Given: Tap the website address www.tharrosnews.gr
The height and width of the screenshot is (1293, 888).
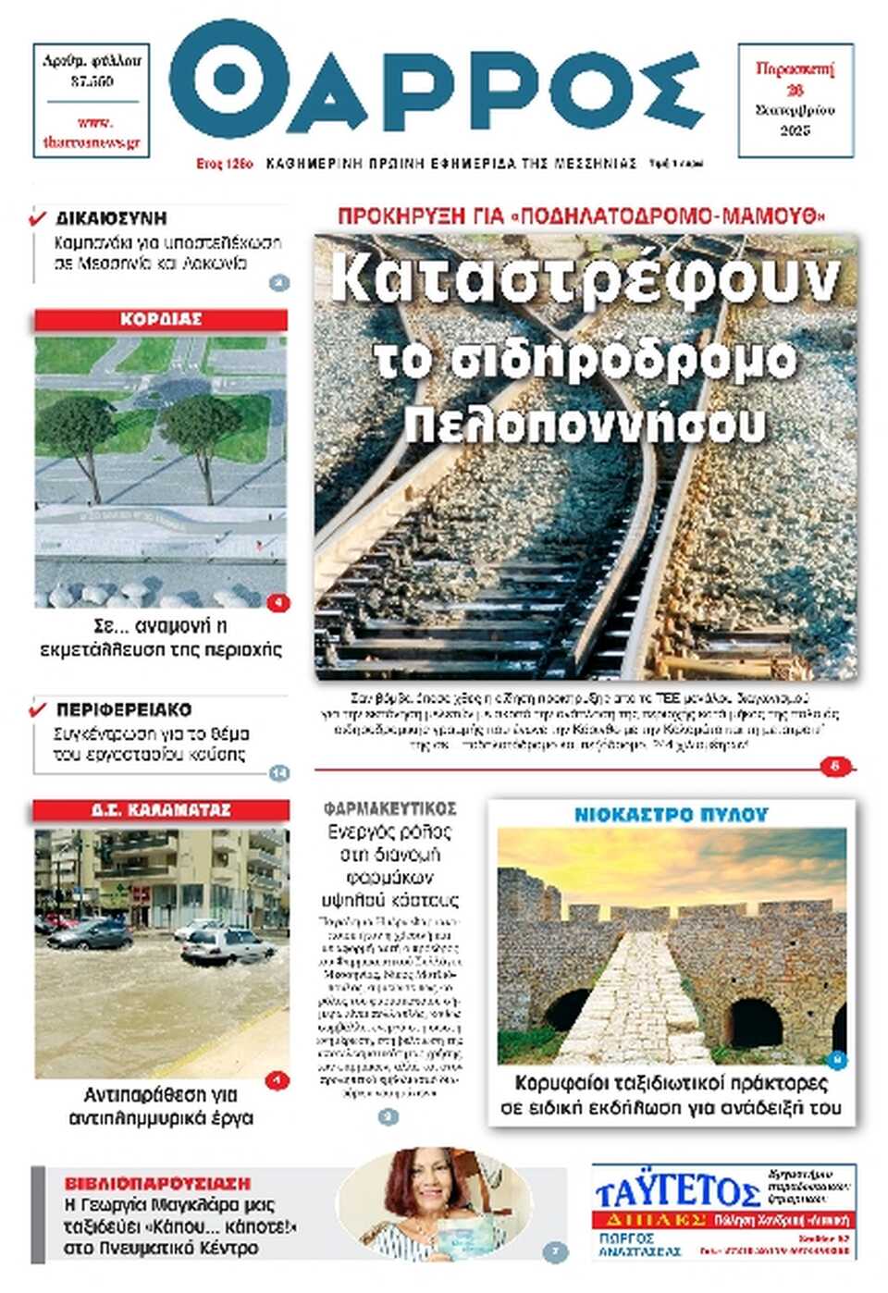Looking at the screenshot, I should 92,133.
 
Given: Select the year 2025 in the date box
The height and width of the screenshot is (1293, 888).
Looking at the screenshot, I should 795,130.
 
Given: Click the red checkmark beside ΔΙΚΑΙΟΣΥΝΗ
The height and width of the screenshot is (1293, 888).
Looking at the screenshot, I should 38,218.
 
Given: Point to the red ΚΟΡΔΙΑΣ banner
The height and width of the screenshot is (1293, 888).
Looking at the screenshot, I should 161,320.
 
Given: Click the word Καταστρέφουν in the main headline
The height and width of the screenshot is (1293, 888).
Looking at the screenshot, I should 585,279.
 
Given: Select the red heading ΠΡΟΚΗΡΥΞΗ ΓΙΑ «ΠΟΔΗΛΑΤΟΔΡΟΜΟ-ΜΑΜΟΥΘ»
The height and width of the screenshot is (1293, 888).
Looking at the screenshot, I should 582,217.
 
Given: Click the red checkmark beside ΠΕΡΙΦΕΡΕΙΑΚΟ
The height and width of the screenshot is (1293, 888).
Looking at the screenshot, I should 38,709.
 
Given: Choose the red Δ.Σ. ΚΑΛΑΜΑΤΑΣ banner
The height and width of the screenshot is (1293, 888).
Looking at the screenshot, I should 161,810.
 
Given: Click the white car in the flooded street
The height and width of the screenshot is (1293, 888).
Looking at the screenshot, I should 226,946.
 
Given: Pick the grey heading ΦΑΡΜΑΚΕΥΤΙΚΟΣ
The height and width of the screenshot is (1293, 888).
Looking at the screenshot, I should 389,808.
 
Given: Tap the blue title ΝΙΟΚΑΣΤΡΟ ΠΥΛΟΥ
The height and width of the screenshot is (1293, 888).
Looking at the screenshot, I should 671,815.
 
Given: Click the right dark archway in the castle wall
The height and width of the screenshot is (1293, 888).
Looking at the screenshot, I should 756,1022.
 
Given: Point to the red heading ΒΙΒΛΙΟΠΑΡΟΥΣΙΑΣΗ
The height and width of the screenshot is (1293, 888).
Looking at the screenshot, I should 157,1183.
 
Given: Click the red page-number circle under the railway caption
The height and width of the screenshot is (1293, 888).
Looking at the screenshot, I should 835,767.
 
